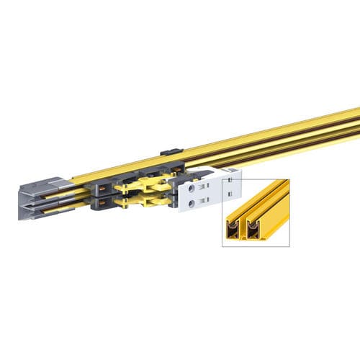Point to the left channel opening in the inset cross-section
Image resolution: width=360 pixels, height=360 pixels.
point(234,229)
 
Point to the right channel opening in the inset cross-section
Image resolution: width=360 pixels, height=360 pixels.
point(253,229)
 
